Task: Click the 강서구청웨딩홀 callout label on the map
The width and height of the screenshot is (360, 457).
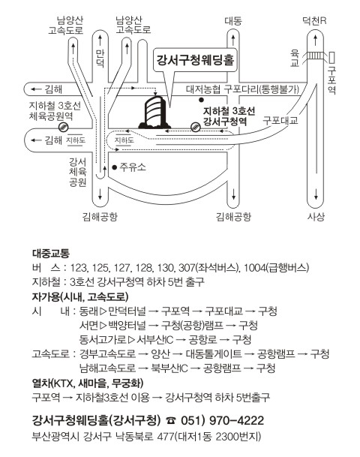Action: [x=196, y=59]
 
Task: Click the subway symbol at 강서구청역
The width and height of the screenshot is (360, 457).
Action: [x=195, y=127]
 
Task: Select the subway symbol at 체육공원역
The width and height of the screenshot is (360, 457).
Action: [x=63, y=127]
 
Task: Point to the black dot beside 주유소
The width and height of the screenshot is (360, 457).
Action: [x=115, y=167]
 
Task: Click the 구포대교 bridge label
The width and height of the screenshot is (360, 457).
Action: [x=280, y=120]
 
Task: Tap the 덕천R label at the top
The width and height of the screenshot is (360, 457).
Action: [x=314, y=21]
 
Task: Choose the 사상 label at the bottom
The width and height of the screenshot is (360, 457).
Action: [x=316, y=217]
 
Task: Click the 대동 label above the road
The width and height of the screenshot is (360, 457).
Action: [x=233, y=21]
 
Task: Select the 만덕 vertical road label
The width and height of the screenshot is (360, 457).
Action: [x=100, y=59]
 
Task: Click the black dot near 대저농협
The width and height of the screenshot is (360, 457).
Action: [x=201, y=100]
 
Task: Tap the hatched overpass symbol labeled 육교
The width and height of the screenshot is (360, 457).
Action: [x=316, y=56]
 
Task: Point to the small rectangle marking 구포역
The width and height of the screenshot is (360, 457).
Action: [x=331, y=57]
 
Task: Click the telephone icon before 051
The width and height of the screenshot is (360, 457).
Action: [x=171, y=420]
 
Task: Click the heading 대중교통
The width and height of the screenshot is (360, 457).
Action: [x=51, y=254]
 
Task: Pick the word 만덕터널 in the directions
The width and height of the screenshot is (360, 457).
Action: [x=127, y=311]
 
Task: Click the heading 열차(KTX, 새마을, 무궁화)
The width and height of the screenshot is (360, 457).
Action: [x=88, y=383]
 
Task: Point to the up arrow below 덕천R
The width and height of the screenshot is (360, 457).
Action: [x=316, y=39]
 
